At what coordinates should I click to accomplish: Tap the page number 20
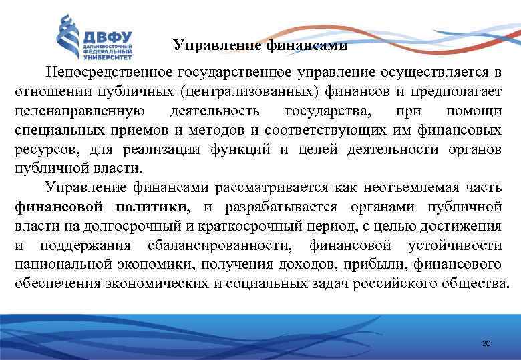486,343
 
